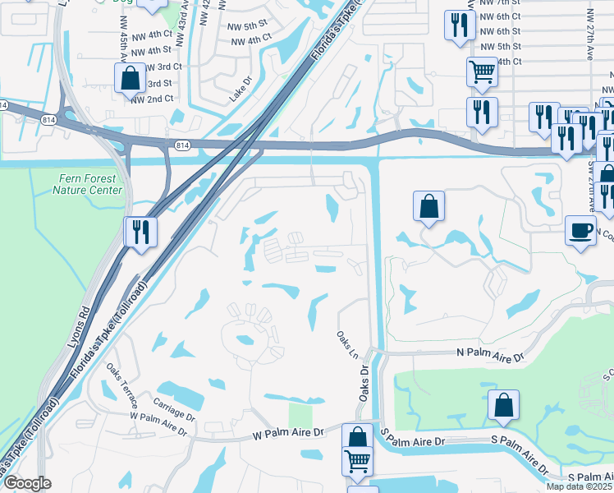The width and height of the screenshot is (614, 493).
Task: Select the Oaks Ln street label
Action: coord(344,344)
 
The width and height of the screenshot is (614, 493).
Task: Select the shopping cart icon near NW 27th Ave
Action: coord(482,72)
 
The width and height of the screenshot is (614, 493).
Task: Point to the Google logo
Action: coord(27,483)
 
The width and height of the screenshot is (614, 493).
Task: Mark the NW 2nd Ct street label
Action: coord(152,99)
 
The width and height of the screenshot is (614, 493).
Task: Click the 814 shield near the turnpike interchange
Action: coord(181,145)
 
